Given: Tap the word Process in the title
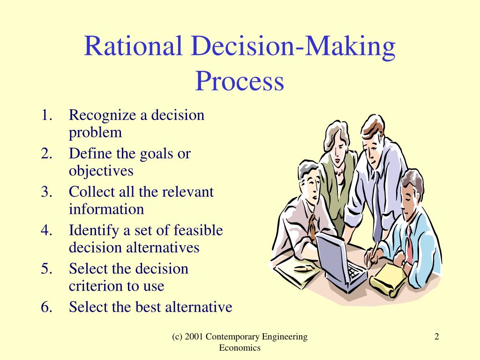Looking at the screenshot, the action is pos(240,81).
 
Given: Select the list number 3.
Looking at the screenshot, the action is pos(46,192).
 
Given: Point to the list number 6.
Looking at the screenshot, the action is pos(46,307).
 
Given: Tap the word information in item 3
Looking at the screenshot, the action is pos(106,210).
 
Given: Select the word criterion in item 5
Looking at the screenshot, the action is pos(96,286).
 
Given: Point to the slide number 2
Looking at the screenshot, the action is pos(437,337).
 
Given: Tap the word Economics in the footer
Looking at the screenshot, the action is pos(240,348).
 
